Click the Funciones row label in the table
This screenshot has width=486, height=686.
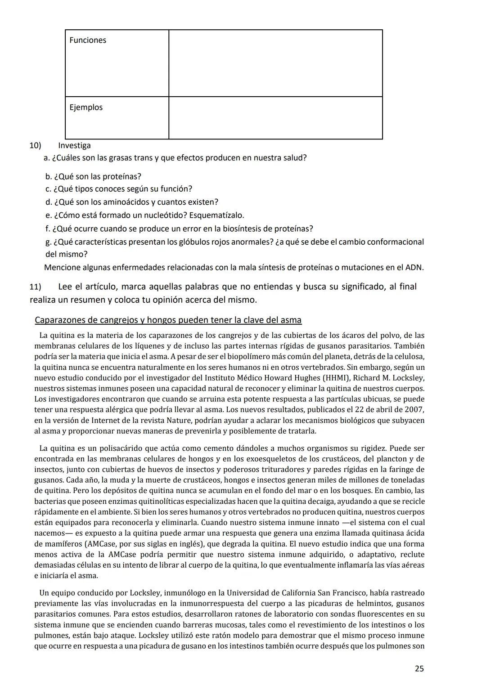point(88,40)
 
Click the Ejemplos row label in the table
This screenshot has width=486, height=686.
point(86,108)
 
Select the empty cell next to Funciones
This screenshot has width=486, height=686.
point(275,63)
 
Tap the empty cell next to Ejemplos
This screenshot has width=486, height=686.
point(275,118)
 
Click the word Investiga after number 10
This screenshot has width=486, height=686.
point(74,145)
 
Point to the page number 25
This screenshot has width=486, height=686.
point(419,669)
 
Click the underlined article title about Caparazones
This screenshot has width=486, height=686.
point(168,320)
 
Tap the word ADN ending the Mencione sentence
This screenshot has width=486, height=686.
point(415,268)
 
